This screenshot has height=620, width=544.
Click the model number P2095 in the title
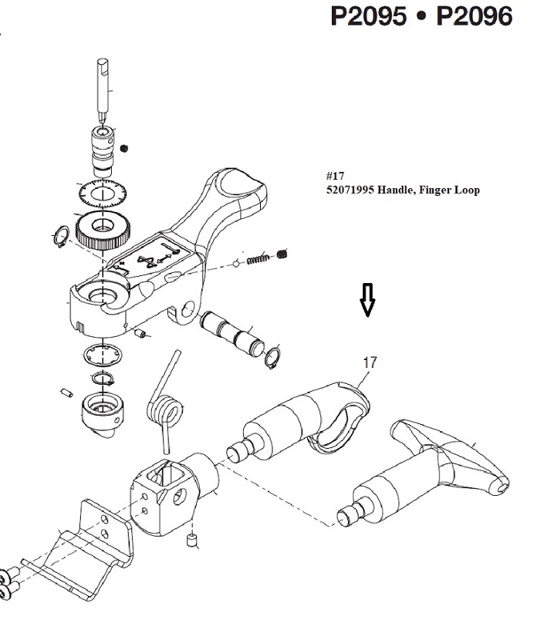coord(368,17)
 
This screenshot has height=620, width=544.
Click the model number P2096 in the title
coord(474,17)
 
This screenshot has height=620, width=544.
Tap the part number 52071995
coord(350,190)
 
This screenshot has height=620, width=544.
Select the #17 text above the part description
coord(335,176)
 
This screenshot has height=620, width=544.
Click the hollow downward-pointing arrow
coord(367,300)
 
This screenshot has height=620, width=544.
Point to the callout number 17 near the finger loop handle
coord(370,362)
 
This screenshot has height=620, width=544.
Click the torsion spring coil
coord(166,411)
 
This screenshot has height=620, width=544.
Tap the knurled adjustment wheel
coord(103,230)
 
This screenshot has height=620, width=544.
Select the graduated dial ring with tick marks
coord(103,194)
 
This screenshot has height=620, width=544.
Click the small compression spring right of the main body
coord(258,259)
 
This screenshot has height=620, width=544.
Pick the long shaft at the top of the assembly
coord(103,90)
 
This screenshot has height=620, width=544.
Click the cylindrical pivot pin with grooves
coord(232,332)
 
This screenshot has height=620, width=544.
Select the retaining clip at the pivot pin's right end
coord(272,357)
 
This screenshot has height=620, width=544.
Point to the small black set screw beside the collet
coord(124,148)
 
